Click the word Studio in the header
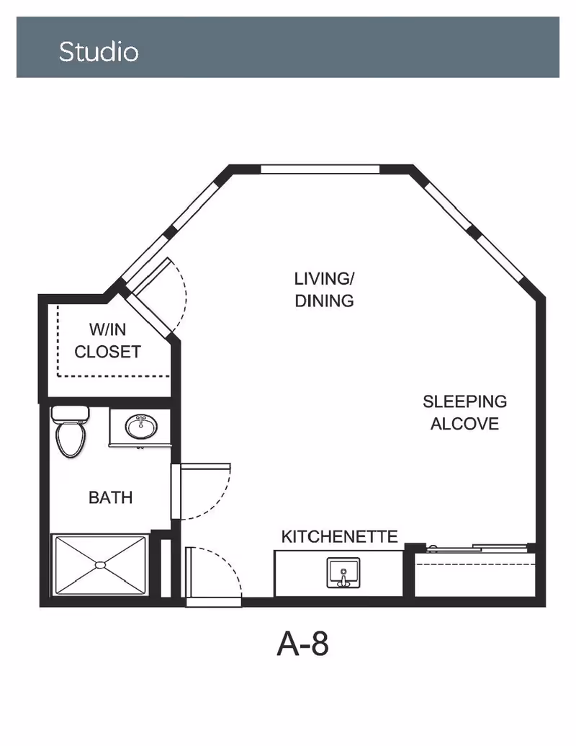point(99,51)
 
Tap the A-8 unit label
point(302,644)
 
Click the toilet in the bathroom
point(71,432)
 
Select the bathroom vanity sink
point(141,427)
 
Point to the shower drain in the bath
point(100,565)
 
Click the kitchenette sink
point(343,572)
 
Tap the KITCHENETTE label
point(339,537)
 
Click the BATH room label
point(110,497)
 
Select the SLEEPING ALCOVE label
point(465,412)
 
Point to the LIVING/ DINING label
point(324,290)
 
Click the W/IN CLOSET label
point(108,341)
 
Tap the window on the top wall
point(320,169)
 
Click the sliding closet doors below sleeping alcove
point(477,548)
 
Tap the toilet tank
point(71,414)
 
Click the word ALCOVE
point(465,423)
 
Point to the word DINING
point(324,301)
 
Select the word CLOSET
point(108,352)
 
